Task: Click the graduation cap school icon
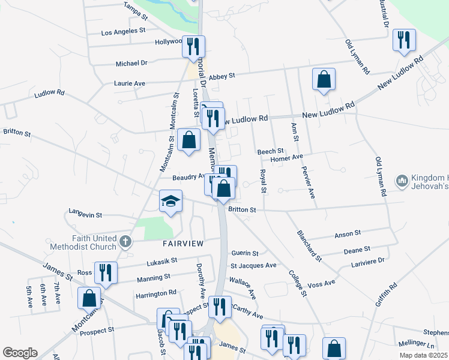click(x=170, y=202)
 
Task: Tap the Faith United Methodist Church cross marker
click(x=124, y=242)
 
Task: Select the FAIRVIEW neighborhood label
click(x=183, y=243)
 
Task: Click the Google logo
click(x=20, y=353)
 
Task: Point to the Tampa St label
click(x=135, y=7)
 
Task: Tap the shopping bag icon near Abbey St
click(x=324, y=79)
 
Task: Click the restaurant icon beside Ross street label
click(x=106, y=272)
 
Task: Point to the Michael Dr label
click(x=131, y=63)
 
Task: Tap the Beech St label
click(x=270, y=151)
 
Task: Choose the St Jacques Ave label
click(x=253, y=265)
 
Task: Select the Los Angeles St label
click(x=125, y=32)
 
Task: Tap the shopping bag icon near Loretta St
click(x=189, y=140)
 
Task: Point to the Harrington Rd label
click(x=155, y=292)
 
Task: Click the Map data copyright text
click(x=422, y=355)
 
